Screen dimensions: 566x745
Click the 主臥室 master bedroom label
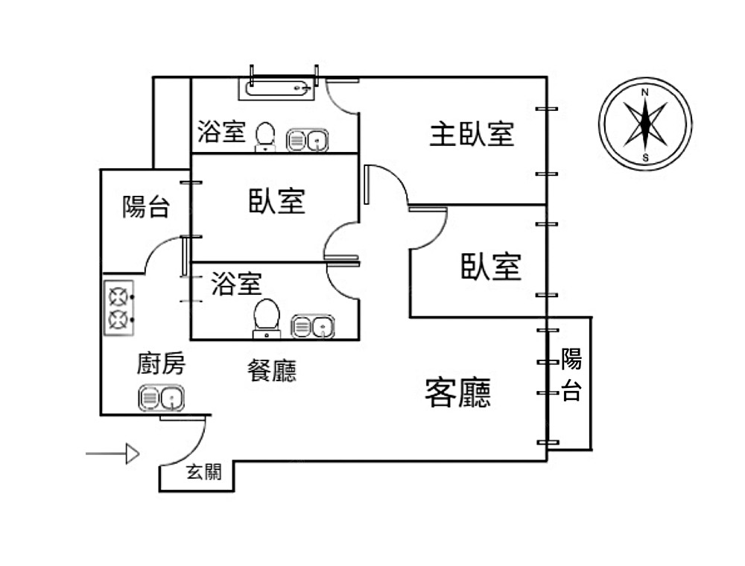tap(472, 135)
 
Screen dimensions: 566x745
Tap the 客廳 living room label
tap(457, 392)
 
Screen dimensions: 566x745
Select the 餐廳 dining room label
tap(271, 369)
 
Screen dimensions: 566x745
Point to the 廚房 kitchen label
tap(161, 364)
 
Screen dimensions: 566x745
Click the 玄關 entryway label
tap(203, 472)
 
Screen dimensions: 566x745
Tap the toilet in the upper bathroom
tap(264, 136)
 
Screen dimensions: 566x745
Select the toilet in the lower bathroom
tap(266, 316)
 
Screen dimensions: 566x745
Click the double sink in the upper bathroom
tap(308, 139)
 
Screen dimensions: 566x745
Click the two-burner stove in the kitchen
tap(118, 308)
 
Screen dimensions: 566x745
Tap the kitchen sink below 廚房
tap(161, 398)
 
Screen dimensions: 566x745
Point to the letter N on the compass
tap(645, 92)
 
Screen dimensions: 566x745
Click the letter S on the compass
tap(645, 157)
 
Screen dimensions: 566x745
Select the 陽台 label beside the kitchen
tap(146, 206)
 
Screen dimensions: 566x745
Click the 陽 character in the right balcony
tap(571, 359)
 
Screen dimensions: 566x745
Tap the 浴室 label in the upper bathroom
tap(221, 133)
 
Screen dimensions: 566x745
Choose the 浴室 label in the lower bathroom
tap(235, 284)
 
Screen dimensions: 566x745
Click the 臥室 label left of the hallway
tap(277, 201)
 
